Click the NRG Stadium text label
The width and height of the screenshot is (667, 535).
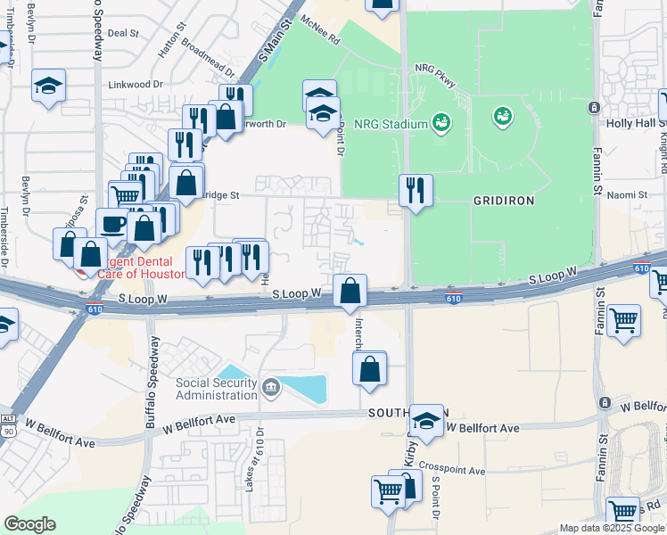point(391,124)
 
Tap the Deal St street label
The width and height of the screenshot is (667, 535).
point(123,33)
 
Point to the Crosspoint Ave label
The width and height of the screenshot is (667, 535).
point(452,470)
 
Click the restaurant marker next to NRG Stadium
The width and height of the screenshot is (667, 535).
point(416,189)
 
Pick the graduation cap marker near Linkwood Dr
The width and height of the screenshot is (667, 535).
point(48,85)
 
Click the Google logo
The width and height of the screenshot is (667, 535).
point(29,524)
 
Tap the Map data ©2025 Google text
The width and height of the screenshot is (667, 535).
point(612,528)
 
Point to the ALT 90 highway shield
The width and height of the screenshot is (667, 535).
point(9,424)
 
